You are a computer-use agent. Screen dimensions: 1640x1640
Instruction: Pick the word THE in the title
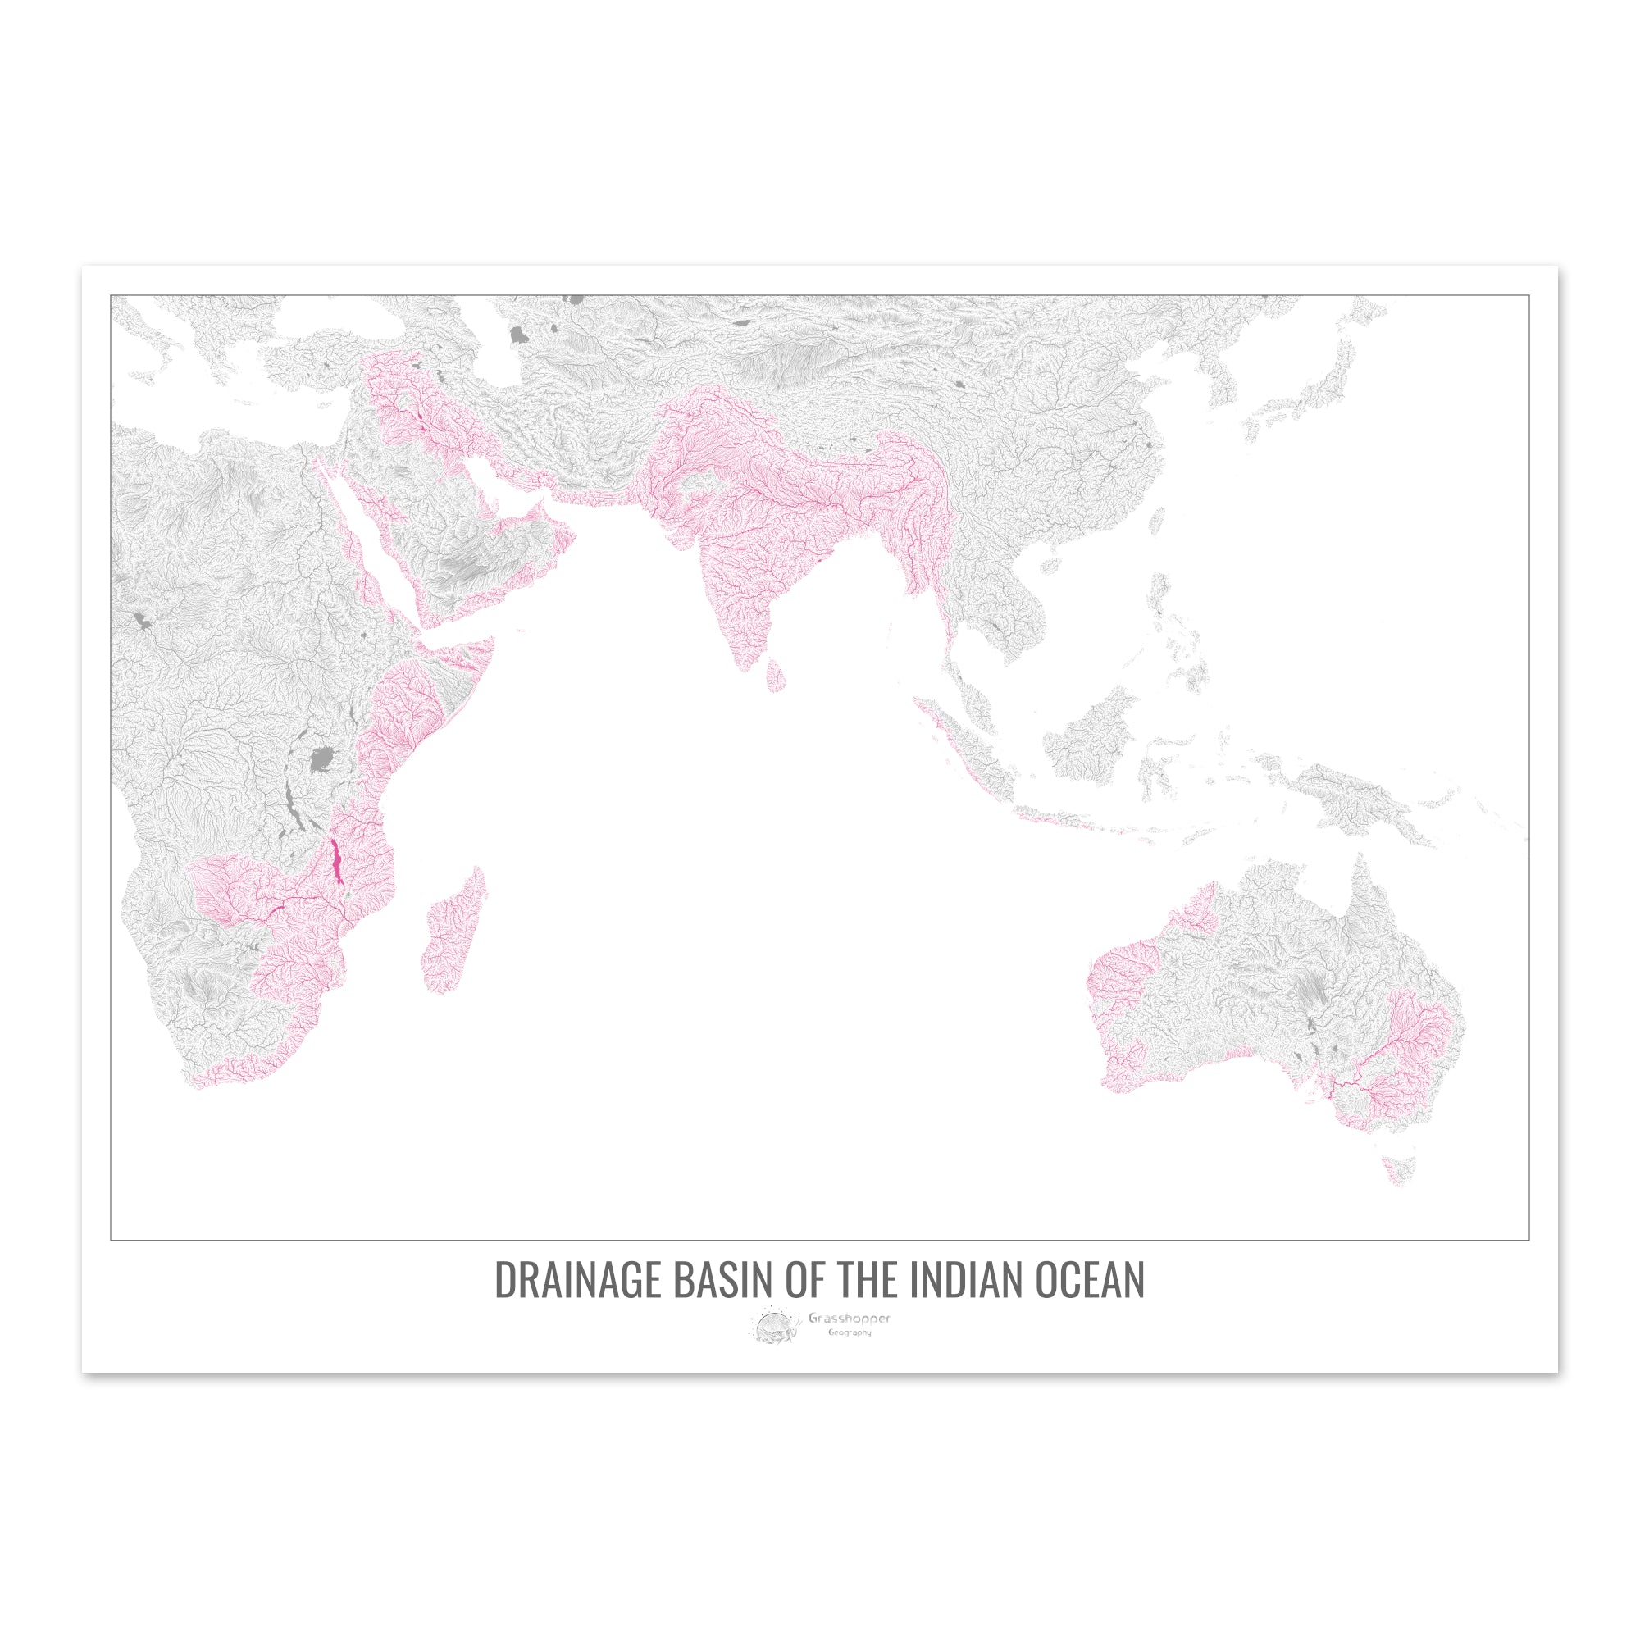click(867, 1281)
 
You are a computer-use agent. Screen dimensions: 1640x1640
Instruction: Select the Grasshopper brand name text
click(849, 1319)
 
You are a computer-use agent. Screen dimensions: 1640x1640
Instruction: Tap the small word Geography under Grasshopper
click(850, 1332)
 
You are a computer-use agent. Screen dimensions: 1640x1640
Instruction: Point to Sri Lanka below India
click(776, 675)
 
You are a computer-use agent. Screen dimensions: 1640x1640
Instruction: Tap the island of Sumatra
click(968, 747)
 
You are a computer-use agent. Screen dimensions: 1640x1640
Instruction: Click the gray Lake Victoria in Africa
click(321, 758)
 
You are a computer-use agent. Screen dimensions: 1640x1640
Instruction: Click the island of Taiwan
click(1159, 522)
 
